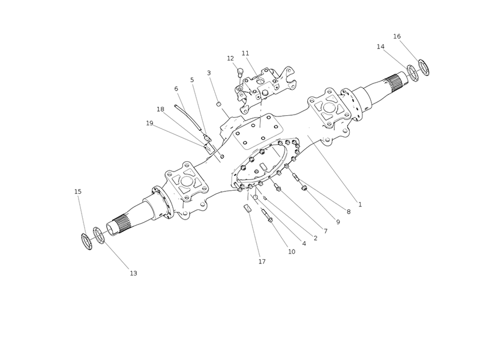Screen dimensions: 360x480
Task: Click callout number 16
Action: [397, 37]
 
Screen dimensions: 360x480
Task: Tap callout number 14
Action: [380, 47]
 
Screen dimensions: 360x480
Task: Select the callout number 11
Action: [245, 53]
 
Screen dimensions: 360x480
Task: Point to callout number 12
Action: [230, 58]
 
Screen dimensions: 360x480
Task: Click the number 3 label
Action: [209, 73]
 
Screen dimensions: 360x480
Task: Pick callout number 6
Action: [176, 89]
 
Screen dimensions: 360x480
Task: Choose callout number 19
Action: [149, 123]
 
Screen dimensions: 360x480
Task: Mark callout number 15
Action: [77, 191]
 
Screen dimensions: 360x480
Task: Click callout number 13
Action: [133, 273]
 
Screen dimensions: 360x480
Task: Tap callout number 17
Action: [262, 262]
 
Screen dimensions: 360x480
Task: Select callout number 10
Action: [292, 251]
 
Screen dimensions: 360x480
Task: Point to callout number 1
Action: [360, 204]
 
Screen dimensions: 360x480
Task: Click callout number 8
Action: [348, 212]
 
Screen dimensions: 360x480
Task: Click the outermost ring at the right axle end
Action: [424, 68]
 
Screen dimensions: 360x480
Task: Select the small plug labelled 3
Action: [220, 104]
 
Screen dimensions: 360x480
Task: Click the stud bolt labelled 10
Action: [267, 217]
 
